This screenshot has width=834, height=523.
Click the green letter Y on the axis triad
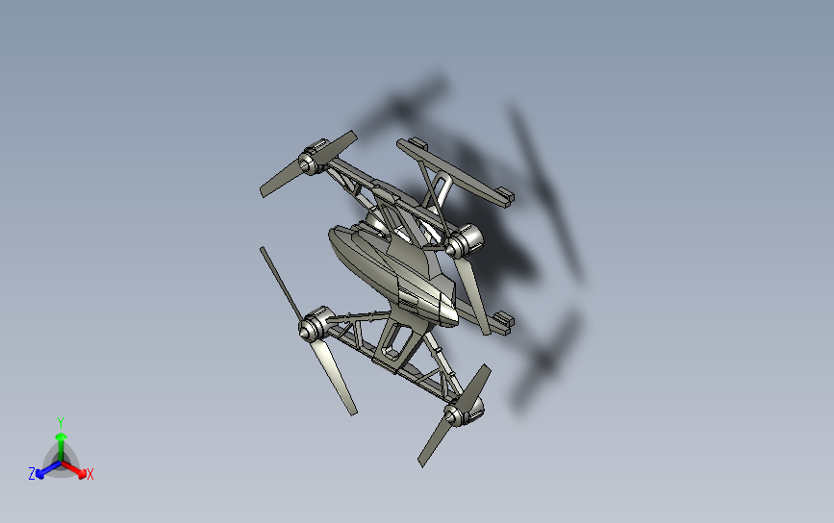(x=60, y=422)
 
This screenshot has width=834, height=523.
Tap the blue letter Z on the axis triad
(x=32, y=473)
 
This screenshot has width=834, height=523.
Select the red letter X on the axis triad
(x=90, y=474)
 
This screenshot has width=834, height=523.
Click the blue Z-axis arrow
(x=42, y=470)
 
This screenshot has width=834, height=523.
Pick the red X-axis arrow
(x=79, y=470)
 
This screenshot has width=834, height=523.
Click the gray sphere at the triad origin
(x=61, y=462)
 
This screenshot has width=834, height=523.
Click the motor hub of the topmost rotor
(x=312, y=160)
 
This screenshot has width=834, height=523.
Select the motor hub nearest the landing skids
(x=466, y=239)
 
